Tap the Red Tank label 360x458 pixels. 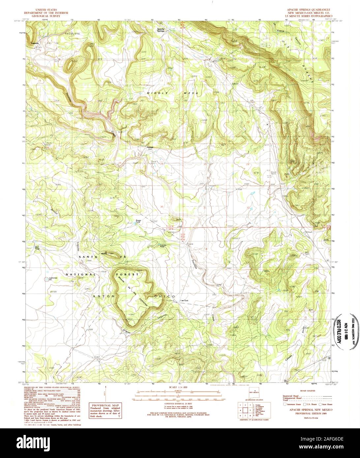(37, 247)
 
